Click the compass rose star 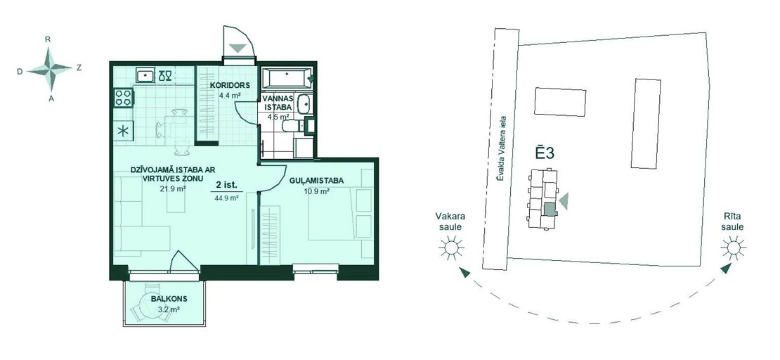pos(49,69)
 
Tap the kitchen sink pos(145,75)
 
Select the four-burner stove pos(124,97)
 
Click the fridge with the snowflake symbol pos(124,131)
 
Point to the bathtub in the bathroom pos(287,78)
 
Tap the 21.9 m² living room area pos(173,188)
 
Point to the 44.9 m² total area pos(227,197)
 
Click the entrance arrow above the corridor pos(238,49)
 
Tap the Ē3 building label pos(545,153)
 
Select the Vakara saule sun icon pos(451,247)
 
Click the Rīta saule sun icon pos(733,247)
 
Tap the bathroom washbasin pos(304,105)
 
